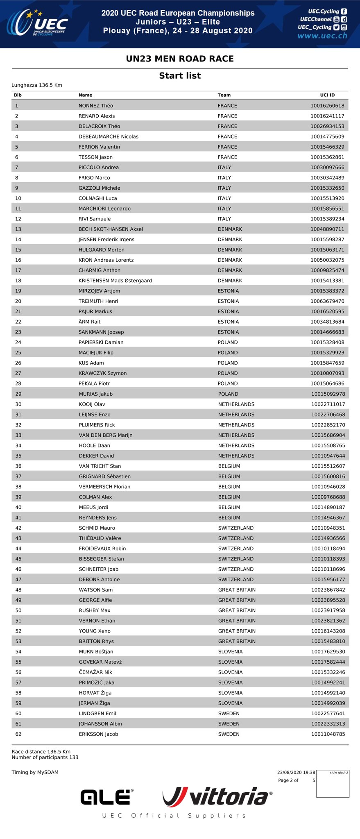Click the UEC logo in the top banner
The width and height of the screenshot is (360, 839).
point(37,23)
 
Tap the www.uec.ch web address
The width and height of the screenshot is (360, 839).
point(322,36)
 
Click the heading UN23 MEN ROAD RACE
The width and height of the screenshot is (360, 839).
point(180,59)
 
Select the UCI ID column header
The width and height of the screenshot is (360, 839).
point(327,95)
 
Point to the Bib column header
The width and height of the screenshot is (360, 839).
point(18,95)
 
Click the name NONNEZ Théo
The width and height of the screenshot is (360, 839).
point(95,106)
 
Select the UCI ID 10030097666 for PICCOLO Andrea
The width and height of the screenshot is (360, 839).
point(327,168)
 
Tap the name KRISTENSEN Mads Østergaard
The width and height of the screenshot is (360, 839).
point(115,281)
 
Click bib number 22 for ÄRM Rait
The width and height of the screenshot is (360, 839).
point(18,322)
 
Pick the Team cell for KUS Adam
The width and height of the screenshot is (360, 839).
point(227,363)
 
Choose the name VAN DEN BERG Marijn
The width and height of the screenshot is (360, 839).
point(105,435)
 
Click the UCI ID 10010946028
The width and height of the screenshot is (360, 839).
point(328,487)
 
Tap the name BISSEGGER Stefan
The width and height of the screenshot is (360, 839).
point(101,559)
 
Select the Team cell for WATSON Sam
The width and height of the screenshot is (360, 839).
point(237,590)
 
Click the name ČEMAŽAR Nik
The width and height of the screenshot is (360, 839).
point(95,672)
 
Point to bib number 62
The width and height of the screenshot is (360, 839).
point(18,734)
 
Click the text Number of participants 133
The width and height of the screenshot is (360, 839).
point(45,757)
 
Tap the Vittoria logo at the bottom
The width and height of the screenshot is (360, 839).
point(217,796)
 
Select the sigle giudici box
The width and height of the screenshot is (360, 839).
point(333,784)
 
